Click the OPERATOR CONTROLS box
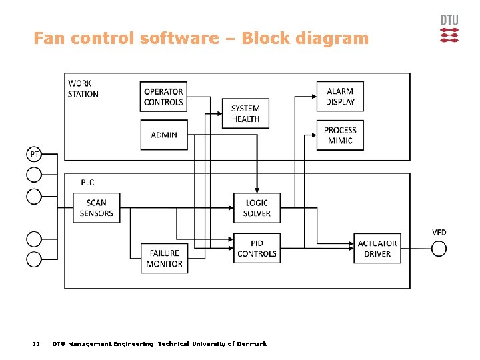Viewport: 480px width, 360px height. pos(163,97)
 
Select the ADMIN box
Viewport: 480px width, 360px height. pos(164,135)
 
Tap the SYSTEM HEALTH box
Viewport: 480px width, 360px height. pos(245,114)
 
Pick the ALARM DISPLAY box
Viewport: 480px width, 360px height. pos(340,97)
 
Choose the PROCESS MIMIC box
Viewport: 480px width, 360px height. pos(340,135)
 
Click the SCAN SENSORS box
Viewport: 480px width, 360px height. pos(97,208)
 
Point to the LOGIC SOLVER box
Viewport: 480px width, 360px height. pos(257,208)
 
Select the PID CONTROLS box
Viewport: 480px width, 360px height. pos(257,248)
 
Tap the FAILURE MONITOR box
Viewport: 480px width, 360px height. pos(164,258)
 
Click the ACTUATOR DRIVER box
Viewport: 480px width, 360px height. pos(377,249)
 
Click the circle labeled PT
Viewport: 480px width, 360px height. pos(34,155)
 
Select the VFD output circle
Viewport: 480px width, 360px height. pos(439,249)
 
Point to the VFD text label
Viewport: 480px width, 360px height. pos(439,233)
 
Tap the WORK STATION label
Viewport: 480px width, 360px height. pos(83,89)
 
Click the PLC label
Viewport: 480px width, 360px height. pos(87,182)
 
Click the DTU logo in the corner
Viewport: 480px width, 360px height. pos(449,29)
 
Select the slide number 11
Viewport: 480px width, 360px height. pos(36,344)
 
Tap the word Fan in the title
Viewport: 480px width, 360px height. pos(47,38)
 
